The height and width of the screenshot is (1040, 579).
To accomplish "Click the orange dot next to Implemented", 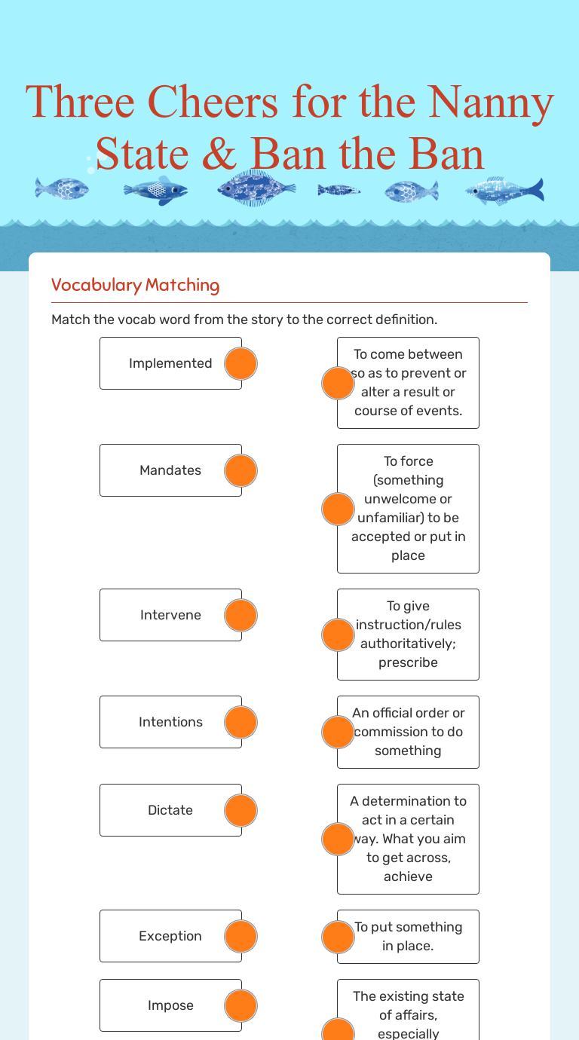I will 241,363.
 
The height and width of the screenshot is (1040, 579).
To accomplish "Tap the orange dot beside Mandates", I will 241,470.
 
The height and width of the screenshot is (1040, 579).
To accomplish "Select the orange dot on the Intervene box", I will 241,615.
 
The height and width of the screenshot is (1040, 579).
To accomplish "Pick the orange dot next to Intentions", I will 241,722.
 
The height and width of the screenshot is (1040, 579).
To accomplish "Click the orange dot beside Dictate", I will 241,810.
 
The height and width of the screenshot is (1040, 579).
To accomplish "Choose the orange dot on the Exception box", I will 241,936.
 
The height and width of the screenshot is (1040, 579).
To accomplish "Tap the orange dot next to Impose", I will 241,1005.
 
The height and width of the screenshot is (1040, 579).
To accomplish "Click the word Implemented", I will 170,363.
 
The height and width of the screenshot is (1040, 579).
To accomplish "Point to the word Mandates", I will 170,470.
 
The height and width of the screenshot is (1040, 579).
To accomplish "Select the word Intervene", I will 170,615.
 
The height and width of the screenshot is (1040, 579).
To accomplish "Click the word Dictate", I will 170,810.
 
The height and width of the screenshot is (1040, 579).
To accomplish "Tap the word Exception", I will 170,936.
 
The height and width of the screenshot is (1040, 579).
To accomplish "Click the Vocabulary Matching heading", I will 136,285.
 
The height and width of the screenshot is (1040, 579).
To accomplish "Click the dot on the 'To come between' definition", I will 338,383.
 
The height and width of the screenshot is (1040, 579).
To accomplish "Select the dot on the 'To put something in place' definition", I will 338,937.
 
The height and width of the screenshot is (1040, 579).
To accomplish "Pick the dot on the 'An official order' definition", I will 338,732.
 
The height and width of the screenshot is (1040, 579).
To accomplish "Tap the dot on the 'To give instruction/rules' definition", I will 338,635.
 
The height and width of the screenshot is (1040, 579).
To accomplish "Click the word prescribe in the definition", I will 408,662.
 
